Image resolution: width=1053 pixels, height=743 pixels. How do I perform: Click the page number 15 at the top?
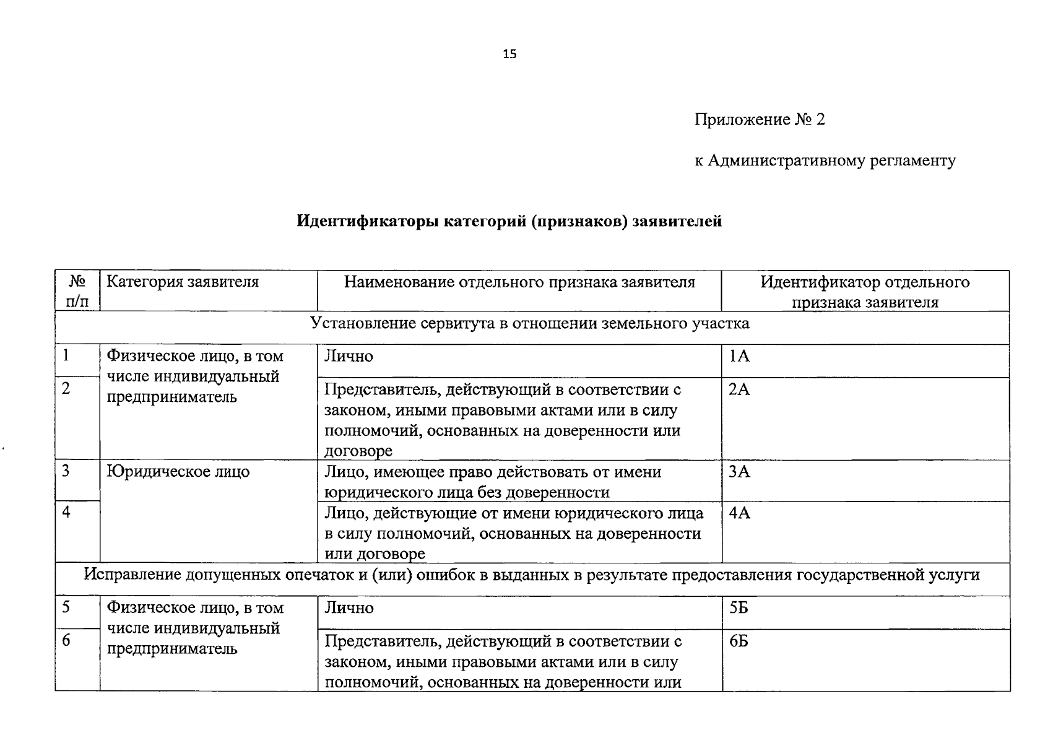(509, 54)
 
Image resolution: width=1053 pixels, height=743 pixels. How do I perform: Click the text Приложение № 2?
(760, 119)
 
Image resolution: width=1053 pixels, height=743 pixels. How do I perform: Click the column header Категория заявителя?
(183, 282)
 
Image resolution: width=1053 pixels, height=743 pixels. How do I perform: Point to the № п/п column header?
(77, 292)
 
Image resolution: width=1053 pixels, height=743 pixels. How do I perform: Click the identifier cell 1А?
(739, 357)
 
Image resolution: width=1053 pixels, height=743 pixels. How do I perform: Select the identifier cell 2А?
(739, 390)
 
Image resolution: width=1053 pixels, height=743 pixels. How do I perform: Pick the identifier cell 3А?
(739, 472)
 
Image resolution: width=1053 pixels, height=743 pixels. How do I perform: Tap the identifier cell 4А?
(739, 513)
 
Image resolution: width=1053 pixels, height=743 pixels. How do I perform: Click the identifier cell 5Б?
(739, 608)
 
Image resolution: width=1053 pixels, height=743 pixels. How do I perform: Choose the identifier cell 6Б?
(739, 641)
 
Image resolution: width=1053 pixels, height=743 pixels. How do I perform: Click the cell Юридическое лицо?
(178, 472)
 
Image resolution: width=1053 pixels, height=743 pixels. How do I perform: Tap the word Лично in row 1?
(349, 357)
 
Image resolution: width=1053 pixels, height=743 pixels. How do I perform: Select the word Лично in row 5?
(349, 608)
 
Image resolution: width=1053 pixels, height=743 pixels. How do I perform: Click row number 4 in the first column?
(66, 512)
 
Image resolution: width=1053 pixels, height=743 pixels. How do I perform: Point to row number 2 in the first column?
(66, 388)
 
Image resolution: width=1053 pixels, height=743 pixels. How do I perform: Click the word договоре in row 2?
(358, 451)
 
